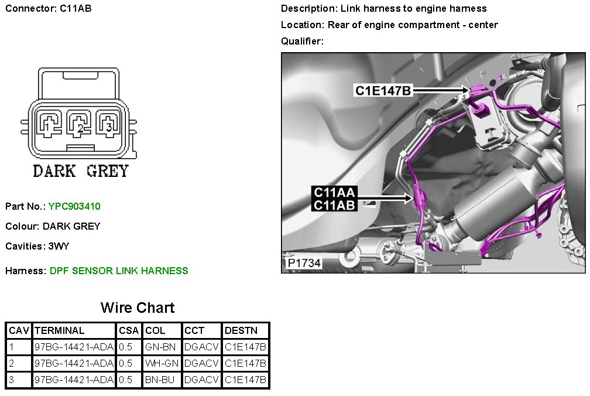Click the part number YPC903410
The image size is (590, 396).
(x=74, y=206)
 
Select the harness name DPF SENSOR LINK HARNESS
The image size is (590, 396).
(x=119, y=271)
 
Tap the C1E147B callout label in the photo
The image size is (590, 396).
(x=383, y=90)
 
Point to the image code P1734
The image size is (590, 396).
(x=304, y=264)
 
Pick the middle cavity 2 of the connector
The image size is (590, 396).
(x=77, y=123)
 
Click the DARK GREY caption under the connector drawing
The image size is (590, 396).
(x=80, y=171)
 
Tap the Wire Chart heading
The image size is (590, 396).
(x=138, y=308)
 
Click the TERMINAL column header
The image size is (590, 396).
(x=59, y=330)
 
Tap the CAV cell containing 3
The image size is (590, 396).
(x=12, y=380)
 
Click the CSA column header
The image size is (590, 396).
(x=129, y=330)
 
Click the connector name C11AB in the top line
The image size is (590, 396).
(x=76, y=9)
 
